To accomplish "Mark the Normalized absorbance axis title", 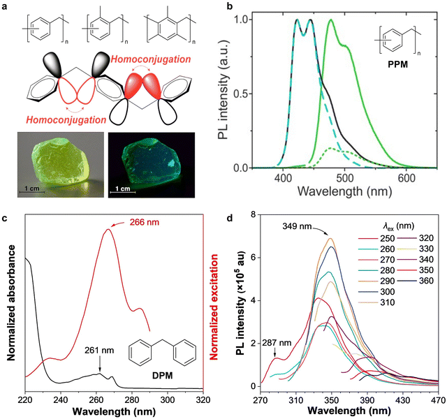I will tap(8, 300).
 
